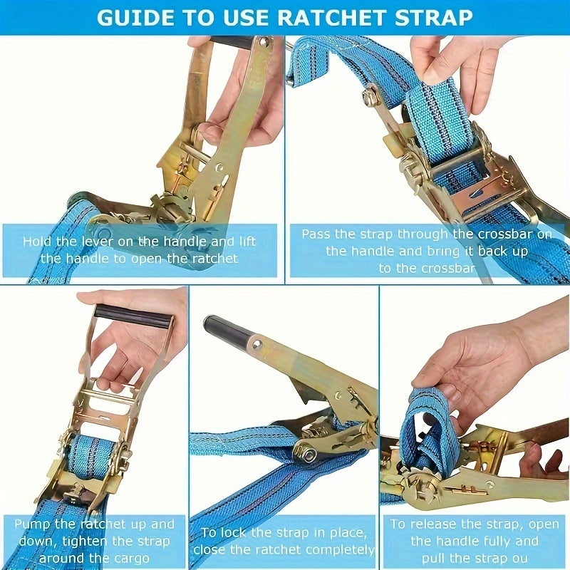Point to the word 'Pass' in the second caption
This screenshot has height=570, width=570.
click(x=316, y=234)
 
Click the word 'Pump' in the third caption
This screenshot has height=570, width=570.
click(x=32, y=524)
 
